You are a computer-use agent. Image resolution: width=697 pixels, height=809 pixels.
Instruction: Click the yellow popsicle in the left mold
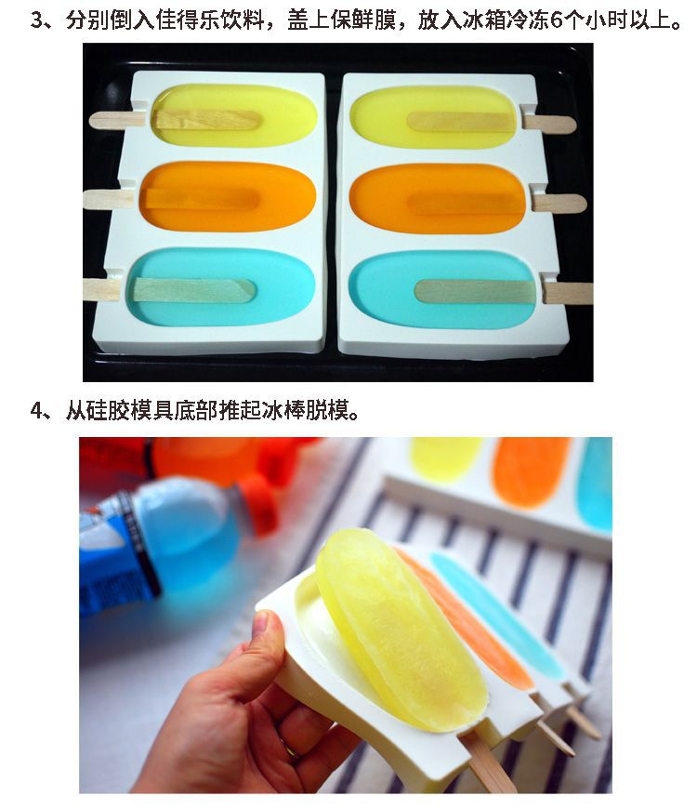point(234,115)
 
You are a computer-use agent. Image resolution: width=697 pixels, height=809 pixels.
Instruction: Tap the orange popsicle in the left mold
point(228,196)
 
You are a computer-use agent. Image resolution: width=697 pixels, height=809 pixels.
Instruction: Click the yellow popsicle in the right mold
point(433,118)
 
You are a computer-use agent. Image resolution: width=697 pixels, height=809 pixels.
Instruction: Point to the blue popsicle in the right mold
point(443,289)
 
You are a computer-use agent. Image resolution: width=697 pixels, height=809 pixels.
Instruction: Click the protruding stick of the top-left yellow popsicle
point(116,120)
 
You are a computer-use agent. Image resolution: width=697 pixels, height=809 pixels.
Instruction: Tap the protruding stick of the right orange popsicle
point(559,203)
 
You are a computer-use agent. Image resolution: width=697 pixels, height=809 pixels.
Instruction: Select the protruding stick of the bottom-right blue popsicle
point(568,293)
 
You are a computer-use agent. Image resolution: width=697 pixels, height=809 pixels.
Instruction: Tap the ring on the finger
point(290,749)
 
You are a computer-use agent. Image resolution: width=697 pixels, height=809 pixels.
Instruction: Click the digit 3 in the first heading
point(36,20)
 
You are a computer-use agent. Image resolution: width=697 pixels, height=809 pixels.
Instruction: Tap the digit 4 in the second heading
point(36,411)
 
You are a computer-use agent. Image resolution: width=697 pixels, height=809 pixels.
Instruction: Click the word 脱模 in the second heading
point(328,411)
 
